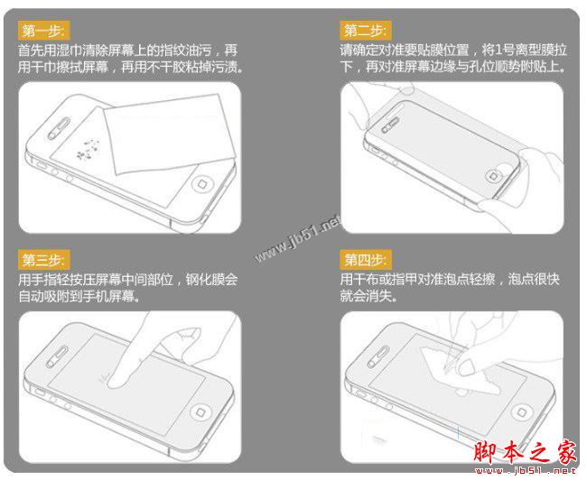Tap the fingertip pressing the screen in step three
point(115,380)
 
